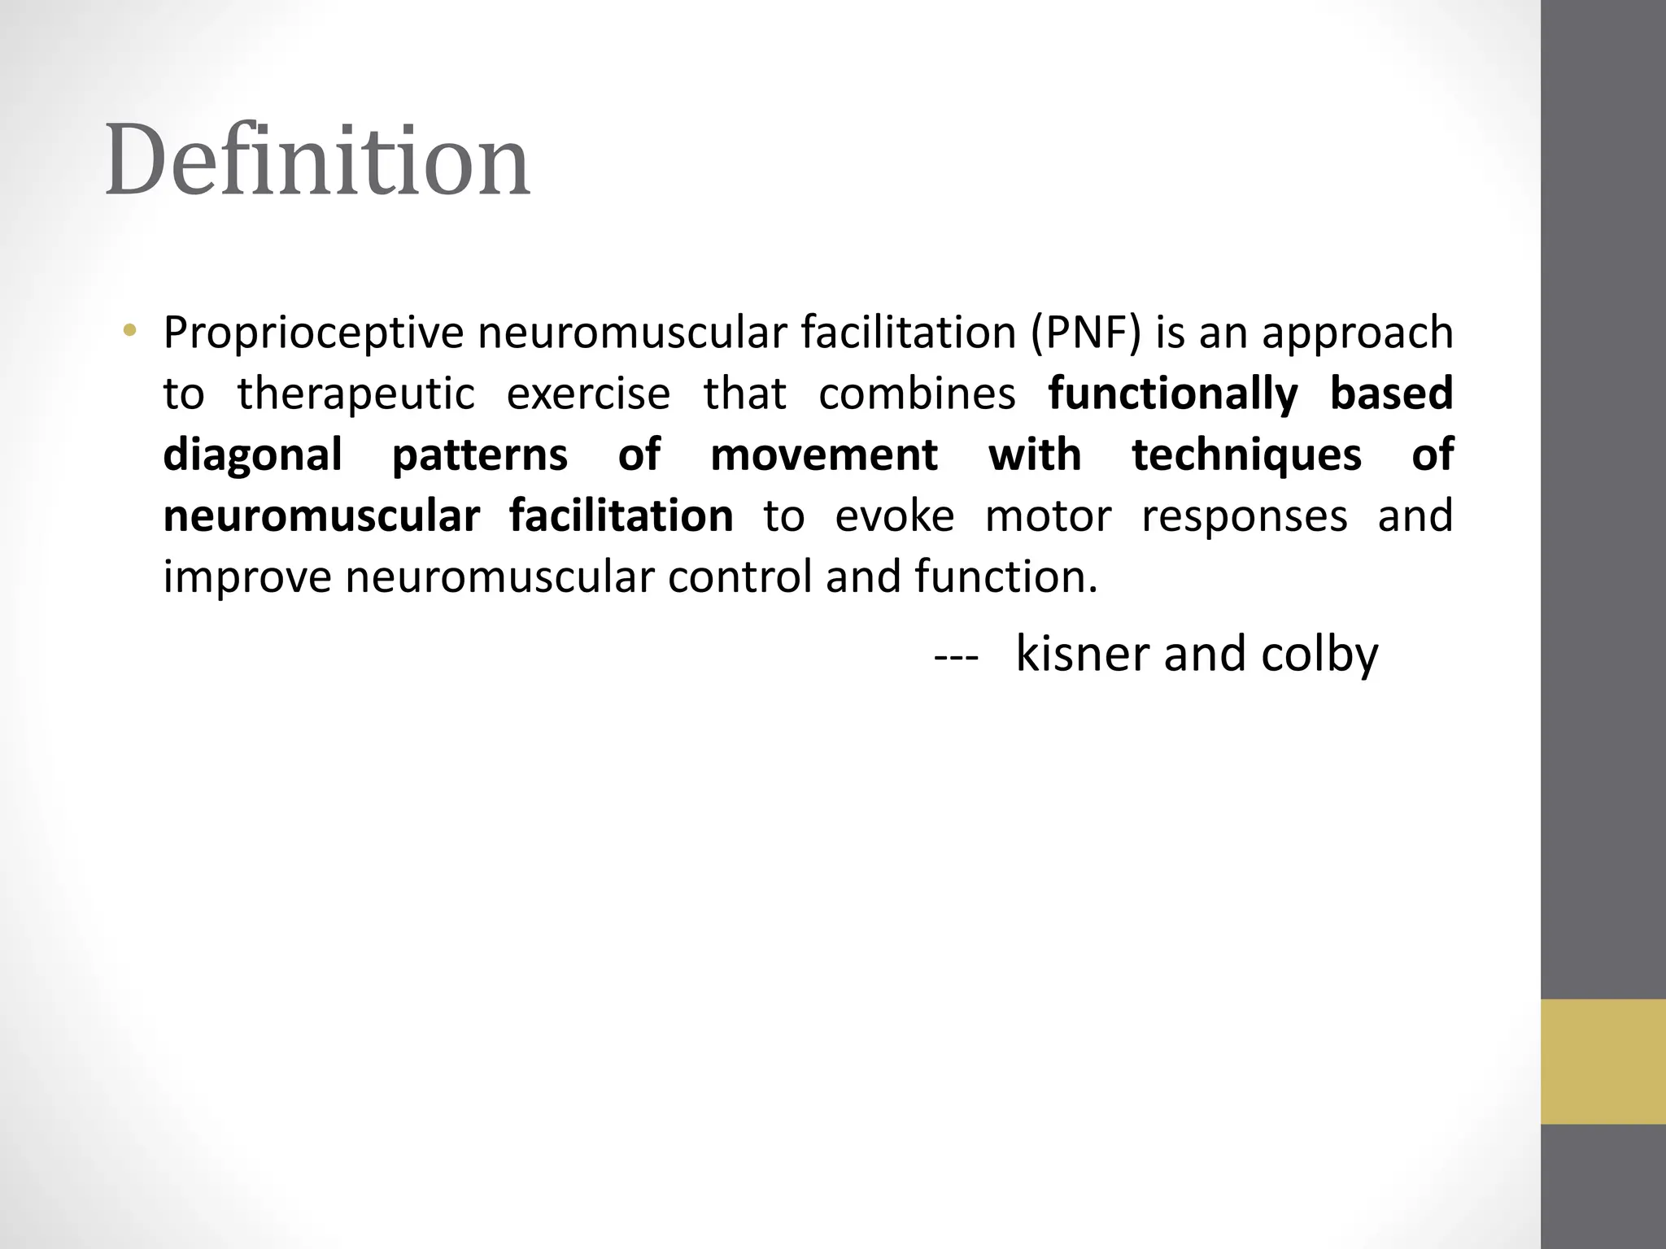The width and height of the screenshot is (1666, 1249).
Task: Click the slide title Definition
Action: pyautogui.click(x=317, y=160)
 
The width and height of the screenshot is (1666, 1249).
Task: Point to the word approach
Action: pyautogui.click(x=1357, y=333)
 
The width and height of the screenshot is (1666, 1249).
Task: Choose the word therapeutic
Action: pyautogui.click(x=355, y=394)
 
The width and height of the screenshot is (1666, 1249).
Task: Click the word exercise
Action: pyautogui.click(x=588, y=394)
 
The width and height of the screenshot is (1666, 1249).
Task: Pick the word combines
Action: pyautogui.click(x=917, y=394)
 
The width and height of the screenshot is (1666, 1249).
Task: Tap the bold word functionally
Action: pyautogui.click(x=1172, y=394)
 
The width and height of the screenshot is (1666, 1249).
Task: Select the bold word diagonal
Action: pyautogui.click(x=252, y=455)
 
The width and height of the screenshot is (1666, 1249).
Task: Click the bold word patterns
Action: pyautogui.click(x=480, y=455)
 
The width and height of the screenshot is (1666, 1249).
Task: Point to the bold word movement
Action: pyautogui.click(x=824, y=455)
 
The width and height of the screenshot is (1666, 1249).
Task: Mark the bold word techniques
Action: pyautogui.click(x=1246, y=455)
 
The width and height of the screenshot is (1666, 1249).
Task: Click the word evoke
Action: pyautogui.click(x=895, y=516)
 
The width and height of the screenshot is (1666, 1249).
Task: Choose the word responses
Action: pyautogui.click(x=1245, y=516)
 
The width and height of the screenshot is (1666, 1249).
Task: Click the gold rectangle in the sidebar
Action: pyautogui.click(x=1603, y=1061)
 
